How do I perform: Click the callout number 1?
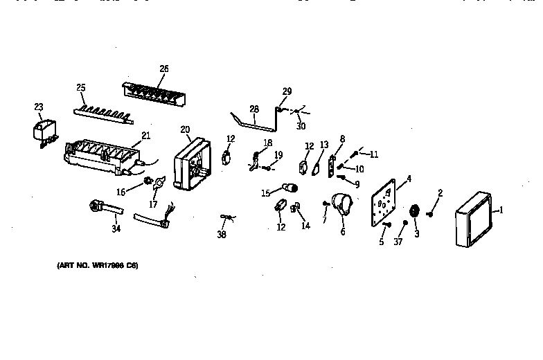tap(501, 210)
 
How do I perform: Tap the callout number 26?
tap(163, 69)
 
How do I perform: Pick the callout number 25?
tap(80, 87)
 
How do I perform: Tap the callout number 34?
tap(115, 229)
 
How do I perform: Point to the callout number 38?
tap(221, 235)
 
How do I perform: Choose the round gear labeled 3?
tap(416, 212)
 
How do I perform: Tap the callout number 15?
tap(265, 193)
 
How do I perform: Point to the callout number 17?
tap(154, 205)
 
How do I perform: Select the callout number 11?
tap(375, 154)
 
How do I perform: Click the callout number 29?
tap(287, 91)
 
